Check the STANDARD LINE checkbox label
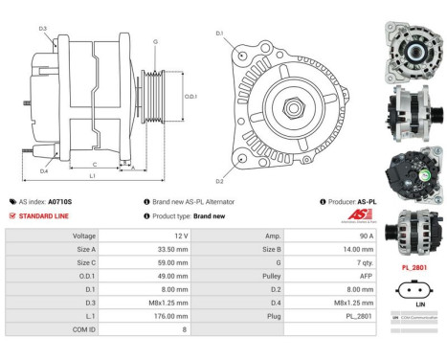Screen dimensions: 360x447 [43, 216]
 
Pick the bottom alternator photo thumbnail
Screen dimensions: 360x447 [412, 224]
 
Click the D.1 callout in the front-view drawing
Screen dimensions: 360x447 [219, 35]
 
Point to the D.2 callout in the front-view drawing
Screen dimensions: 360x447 [219, 181]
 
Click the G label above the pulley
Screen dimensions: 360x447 [155, 41]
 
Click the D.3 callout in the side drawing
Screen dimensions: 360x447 [43, 29]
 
